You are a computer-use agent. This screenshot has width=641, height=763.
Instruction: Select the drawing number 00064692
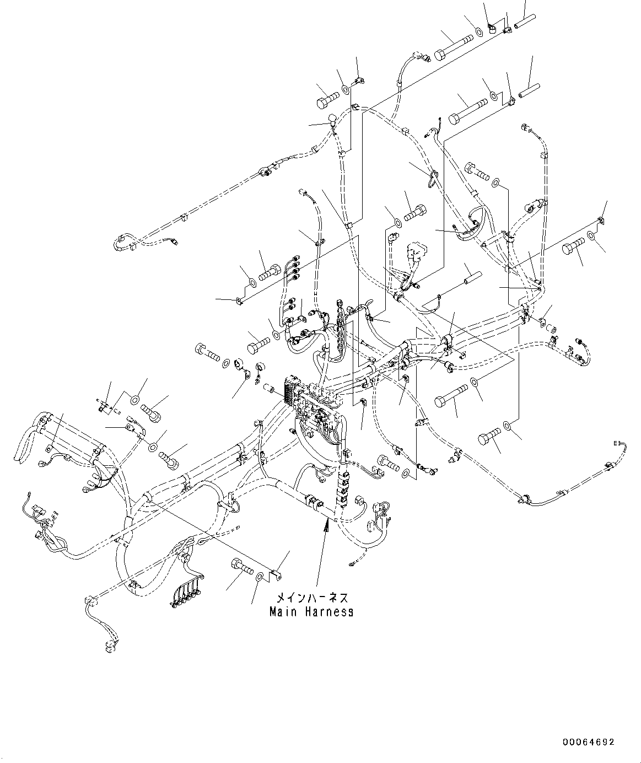[x=589, y=742]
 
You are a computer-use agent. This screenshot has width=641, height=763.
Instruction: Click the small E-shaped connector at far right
[x=617, y=443]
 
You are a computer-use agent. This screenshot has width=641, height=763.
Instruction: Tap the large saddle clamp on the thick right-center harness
[x=448, y=342]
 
